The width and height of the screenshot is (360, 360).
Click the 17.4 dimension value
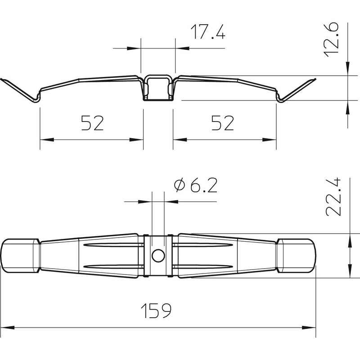(208, 31)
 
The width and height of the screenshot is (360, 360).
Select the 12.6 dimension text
(331, 40)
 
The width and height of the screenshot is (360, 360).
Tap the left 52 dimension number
(93, 123)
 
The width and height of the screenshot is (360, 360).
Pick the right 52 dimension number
(222, 123)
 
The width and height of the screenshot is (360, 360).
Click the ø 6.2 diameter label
(196, 185)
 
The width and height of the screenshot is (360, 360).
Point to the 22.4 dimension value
(333, 197)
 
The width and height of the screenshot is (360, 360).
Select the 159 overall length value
(156, 310)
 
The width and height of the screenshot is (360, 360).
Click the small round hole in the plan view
(158, 256)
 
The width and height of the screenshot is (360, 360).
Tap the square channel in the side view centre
(158, 88)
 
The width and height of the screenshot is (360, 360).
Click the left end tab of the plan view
(20, 256)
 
